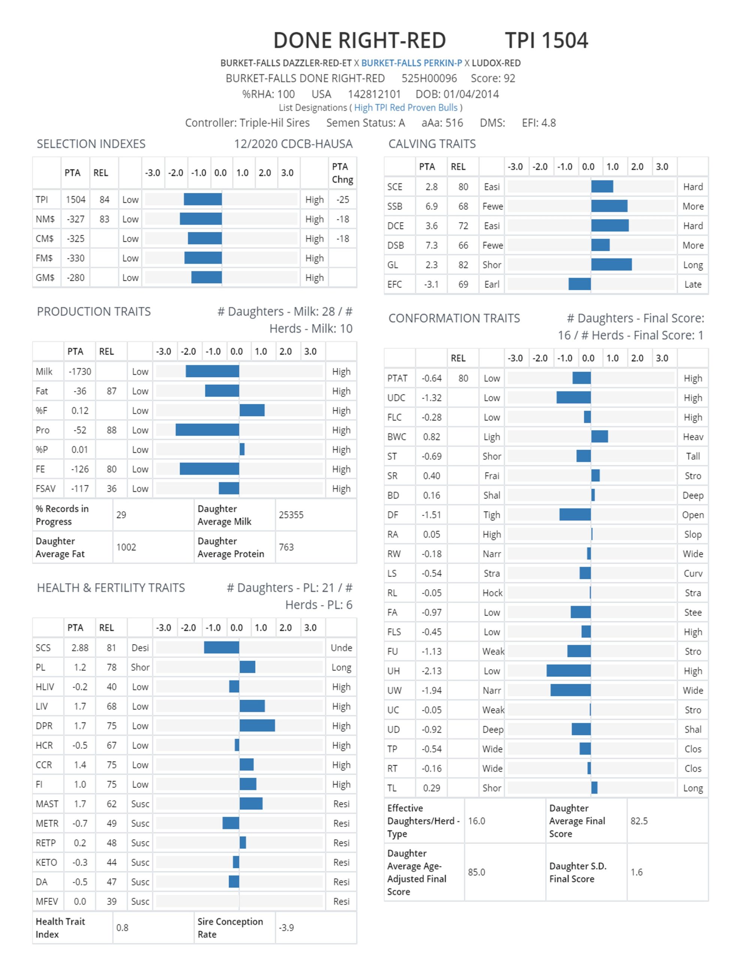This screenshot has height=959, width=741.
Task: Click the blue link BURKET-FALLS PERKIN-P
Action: (412, 63)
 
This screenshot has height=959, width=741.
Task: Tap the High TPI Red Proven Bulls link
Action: (406, 108)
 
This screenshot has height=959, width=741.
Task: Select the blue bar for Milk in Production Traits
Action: (212, 372)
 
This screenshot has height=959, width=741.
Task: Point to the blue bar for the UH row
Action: (568, 671)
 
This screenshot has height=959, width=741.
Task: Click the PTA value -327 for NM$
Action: (76, 219)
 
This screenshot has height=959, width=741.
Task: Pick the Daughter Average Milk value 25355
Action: (291, 515)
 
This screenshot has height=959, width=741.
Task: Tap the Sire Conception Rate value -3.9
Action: (286, 928)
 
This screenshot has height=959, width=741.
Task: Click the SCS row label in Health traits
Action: (43, 648)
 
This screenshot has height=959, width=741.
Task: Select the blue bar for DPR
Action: (257, 725)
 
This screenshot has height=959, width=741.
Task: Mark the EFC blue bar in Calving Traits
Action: (580, 284)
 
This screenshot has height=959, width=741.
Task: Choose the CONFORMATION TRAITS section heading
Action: (454, 318)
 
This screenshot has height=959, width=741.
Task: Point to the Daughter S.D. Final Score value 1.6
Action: (636, 872)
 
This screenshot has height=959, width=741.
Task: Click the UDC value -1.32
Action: (431, 398)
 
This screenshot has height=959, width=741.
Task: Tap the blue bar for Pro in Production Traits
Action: (207, 430)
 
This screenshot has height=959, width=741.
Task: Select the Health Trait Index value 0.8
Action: (122, 928)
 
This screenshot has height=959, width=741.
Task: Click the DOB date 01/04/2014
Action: (471, 94)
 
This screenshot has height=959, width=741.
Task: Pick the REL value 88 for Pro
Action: (112, 430)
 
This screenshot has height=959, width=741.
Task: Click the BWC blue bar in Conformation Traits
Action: (599, 436)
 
